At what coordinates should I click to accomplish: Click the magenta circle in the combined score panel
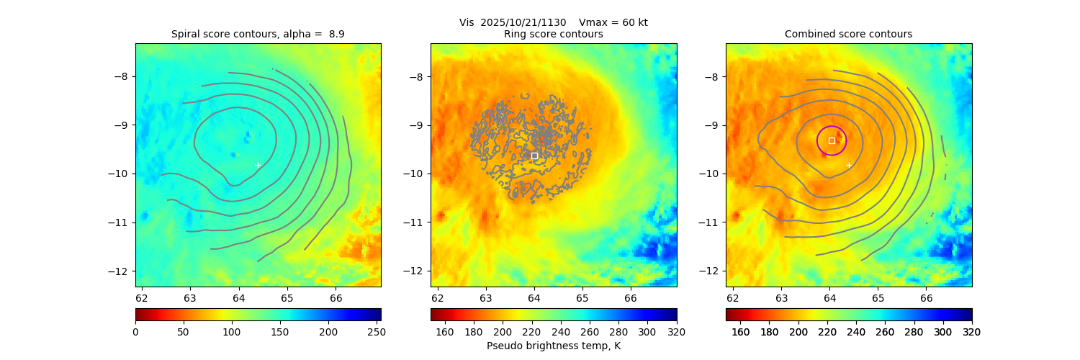point(846,140)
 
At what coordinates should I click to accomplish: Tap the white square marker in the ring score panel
point(534,156)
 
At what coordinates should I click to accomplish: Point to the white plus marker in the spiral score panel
point(258,165)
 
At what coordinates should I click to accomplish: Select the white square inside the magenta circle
point(832,140)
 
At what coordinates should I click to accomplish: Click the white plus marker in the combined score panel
point(849,165)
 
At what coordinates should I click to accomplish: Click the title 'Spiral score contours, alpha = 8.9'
point(258,34)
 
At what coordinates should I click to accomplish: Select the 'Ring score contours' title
point(553,34)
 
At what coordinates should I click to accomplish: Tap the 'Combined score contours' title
point(848,34)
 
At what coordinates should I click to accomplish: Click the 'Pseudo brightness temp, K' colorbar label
point(553,346)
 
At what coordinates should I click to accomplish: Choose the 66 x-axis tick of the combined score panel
point(926,297)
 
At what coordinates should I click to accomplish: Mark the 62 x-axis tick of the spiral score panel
point(141,297)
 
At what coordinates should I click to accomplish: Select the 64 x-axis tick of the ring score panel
point(534,297)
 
